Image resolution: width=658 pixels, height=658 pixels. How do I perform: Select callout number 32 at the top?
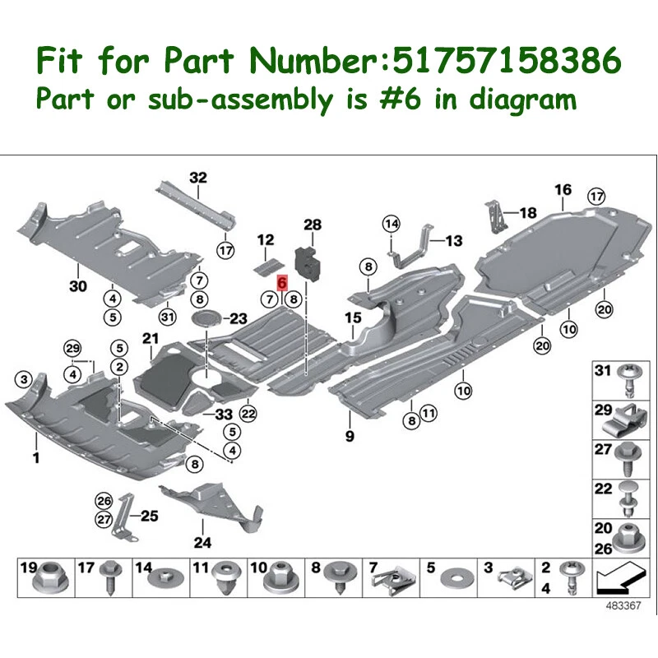tap(198, 177)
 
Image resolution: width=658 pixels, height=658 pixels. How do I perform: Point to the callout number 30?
tap(77, 287)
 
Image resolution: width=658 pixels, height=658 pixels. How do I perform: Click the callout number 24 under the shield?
tap(202, 542)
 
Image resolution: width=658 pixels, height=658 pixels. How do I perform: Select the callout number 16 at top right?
tap(563, 190)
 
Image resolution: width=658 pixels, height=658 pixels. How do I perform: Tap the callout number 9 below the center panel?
tap(350, 436)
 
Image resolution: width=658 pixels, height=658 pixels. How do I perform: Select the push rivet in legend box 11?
tap(223, 581)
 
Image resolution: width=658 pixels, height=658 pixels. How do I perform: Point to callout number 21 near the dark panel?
tap(149, 338)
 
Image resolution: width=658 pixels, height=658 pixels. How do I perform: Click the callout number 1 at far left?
tap(35, 456)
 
